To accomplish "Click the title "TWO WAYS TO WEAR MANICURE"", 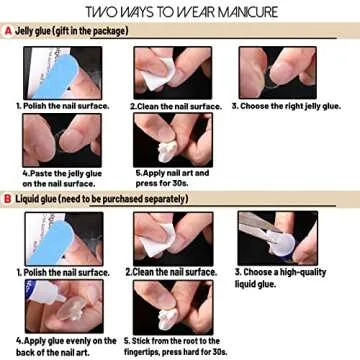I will [x=180, y=12].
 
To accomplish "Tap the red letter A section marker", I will [x=7, y=31].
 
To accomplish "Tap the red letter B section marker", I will [x=7, y=198].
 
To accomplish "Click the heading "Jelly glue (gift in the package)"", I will [x=72, y=31].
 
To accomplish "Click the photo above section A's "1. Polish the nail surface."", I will [x=49, y=72].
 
